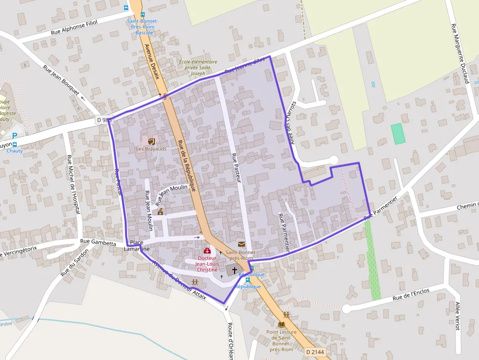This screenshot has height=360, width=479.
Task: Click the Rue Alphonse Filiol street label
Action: tap(74, 28)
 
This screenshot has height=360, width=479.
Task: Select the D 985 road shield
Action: tap(104, 120)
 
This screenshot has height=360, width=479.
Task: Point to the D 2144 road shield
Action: tap(314, 352)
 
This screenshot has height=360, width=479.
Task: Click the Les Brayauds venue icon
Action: tap(151, 141)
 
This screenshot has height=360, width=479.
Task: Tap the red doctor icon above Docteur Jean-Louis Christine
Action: tap(207, 251)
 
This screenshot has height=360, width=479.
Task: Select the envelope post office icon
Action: tap(241, 244)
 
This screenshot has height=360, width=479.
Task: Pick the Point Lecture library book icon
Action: tap(281, 324)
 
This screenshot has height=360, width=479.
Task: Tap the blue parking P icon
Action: tap(15, 135)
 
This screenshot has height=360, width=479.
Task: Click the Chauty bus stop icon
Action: tap(15, 145)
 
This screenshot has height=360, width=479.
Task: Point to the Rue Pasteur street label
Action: tap(236, 168)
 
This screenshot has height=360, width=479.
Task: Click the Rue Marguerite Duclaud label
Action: tap(460, 54)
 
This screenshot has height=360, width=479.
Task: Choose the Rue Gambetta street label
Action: tap(98, 242)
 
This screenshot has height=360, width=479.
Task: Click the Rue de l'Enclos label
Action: tap(411, 295)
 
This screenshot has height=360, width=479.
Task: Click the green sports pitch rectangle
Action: tap(398, 133)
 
